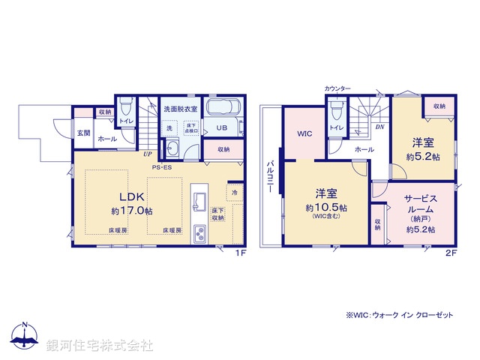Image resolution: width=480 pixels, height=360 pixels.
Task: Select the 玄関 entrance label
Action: [82, 133]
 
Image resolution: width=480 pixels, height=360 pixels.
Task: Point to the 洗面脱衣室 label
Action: [181, 109]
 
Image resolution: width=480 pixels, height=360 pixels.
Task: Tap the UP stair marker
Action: [148, 154]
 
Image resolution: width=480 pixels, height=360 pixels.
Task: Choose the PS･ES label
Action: [162, 166]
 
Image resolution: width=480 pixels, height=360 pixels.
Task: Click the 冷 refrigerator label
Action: [234, 192]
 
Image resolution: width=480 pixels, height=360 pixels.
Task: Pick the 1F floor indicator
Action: [240, 253]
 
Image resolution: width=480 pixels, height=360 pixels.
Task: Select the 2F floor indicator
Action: [451, 253]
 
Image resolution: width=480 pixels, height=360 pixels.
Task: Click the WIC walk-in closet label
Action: [304, 134]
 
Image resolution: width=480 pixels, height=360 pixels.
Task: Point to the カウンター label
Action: [337, 89]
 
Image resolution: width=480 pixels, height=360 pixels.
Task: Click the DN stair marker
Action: [380, 127]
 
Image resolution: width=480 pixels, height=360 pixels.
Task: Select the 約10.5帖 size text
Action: [326, 206]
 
